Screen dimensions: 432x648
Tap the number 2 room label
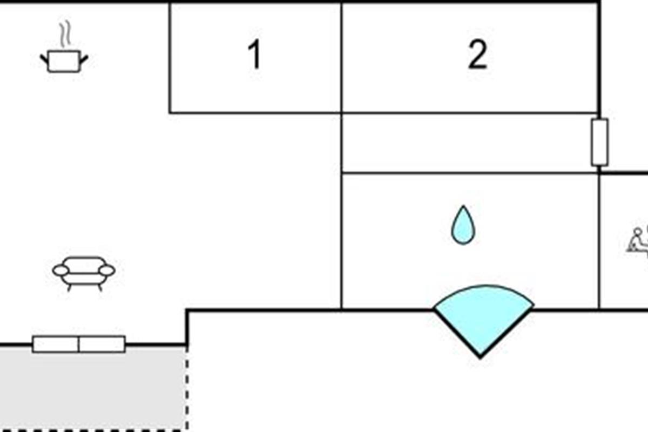coord(477,55)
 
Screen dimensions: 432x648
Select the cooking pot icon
coord(64,60)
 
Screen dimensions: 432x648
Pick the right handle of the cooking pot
coord(84,58)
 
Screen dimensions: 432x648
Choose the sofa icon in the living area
coord(84,273)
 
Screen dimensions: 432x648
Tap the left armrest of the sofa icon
coord(60,269)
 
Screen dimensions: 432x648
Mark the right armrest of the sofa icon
coord(107,269)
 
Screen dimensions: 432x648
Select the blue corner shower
coord(483,316)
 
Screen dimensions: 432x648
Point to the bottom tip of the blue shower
coord(481,355)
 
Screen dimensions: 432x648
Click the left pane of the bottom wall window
coord(56,344)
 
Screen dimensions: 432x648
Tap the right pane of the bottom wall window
coord(102,344)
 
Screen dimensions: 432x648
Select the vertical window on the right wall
coord(599,142)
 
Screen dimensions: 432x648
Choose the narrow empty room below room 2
coord(470,143)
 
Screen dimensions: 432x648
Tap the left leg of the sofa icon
coord(69,287)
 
